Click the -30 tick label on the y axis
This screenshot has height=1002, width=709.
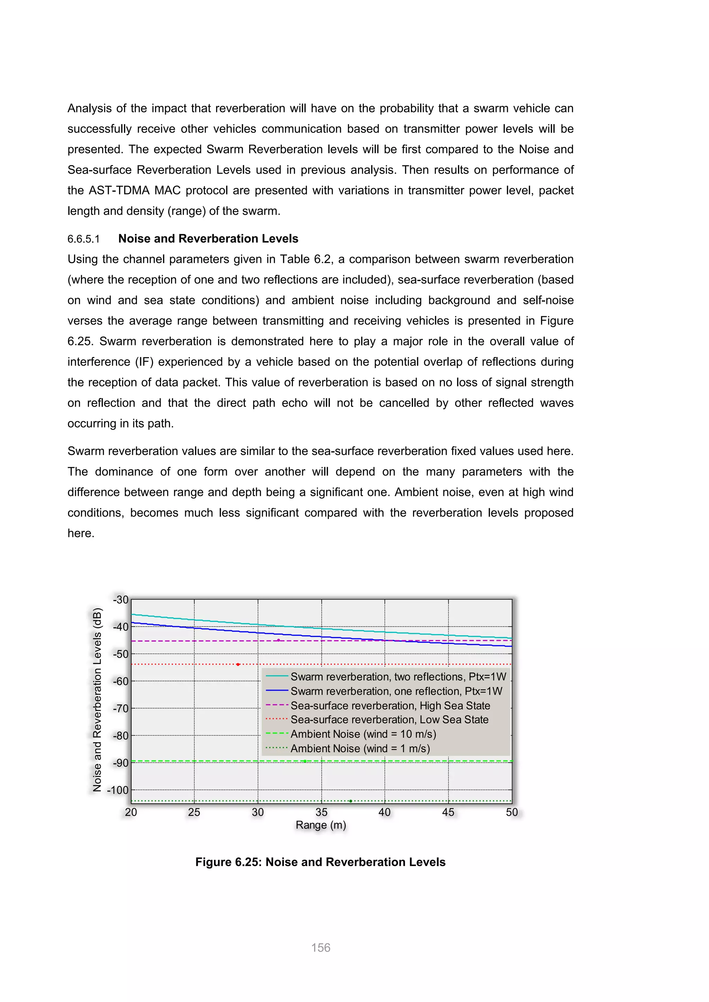coord(120,600)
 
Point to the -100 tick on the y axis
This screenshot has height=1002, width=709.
coord(118,790)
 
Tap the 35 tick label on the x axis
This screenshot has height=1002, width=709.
coord(321,812)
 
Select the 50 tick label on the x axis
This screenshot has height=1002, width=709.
coord(512,812)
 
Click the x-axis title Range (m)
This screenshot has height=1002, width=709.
coord(321,825)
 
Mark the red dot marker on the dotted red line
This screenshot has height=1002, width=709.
coord(238,664)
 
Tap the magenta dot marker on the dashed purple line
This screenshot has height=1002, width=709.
coord(279,640)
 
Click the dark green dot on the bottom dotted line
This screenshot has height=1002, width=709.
coord(351,801)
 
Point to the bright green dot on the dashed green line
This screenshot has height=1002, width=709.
coord(305,761)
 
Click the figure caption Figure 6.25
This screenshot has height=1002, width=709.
coord(321,862)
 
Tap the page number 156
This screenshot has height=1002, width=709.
coord(321,947)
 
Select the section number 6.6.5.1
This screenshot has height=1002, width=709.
coord(83,239)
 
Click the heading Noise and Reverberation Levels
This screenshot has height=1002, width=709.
coord(208,239)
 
